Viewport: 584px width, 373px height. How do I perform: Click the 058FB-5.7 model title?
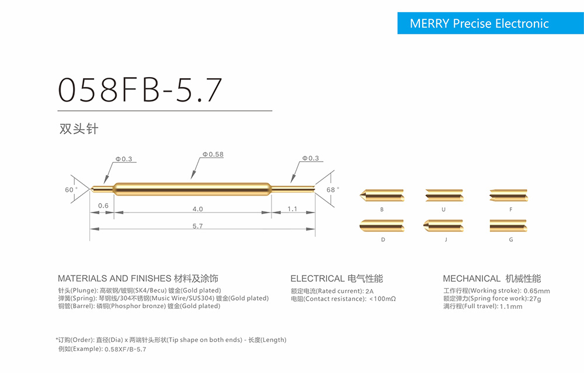[140, 90]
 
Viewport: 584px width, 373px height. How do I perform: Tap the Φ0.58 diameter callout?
[213, 155]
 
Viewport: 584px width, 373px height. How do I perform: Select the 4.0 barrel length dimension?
[197, 209]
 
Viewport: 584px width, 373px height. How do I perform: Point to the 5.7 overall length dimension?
[197, 226]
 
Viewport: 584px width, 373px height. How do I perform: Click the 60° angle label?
[71, 190]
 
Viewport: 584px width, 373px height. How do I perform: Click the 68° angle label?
[333, 190]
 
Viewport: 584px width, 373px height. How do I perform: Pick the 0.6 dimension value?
[103, 205]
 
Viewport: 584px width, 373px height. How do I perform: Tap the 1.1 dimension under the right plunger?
[293, 209]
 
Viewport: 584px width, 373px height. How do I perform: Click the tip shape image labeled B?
[382, 196]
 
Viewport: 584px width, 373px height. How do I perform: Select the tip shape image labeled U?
[444, 196]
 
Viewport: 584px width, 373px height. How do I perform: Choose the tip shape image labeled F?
[509, 196]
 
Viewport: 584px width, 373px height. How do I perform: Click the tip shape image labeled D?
[382, 225]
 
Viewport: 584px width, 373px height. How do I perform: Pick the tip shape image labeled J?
[443, 225]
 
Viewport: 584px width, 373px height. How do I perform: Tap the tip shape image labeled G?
[509, 225]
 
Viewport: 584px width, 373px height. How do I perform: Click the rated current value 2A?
[370, 291]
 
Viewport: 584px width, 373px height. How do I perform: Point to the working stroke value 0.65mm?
[537, 291]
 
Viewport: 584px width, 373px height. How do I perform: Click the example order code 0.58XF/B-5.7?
[126, 349]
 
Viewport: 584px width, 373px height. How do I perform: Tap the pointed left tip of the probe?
[91, 189]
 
